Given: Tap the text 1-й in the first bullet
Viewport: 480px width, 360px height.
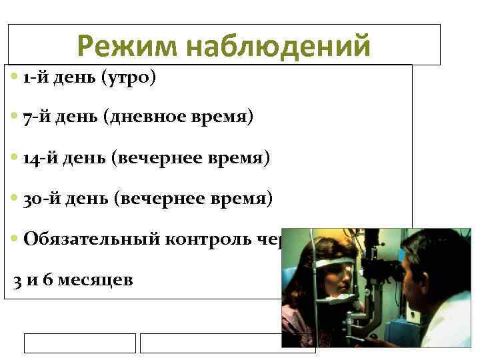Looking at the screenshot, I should (x=35, y=79).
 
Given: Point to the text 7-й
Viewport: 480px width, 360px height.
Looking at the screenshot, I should (x=35, y=118).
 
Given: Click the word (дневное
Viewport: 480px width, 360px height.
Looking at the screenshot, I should (x=147, y=118).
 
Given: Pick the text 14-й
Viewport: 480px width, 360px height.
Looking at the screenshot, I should (x=39, y=159).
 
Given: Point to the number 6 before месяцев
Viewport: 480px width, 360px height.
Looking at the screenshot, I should (x=47, y=280).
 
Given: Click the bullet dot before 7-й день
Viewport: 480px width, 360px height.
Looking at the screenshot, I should (x=15, y=119).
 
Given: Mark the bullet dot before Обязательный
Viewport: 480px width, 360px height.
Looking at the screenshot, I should (x=15, y=240).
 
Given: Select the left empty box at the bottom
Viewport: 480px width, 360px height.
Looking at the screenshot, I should (x=80, y=343).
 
